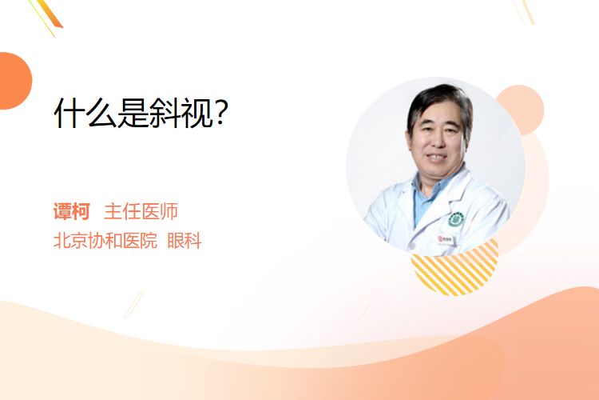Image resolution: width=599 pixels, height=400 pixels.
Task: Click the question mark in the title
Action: (221, 112)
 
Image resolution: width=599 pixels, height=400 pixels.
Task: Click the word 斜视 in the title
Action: (181, 113)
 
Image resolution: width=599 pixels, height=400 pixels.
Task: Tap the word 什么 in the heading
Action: (85, 113)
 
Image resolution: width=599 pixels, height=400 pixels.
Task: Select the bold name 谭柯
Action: (71, 211)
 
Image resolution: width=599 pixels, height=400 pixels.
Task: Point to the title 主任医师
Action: (141, 211)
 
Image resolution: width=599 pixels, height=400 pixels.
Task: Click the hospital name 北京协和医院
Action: (105, 241)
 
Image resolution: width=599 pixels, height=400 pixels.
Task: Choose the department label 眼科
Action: (184, 241)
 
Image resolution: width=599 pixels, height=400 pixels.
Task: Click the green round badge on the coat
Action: (456, 219)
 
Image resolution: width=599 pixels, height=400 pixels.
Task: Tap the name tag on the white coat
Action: (446, 240)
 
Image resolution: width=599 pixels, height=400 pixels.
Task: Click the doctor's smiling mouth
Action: (436, 157)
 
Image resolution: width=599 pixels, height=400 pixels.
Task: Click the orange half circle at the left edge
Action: (14, 81)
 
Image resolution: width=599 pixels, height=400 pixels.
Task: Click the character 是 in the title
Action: (133, 113)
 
